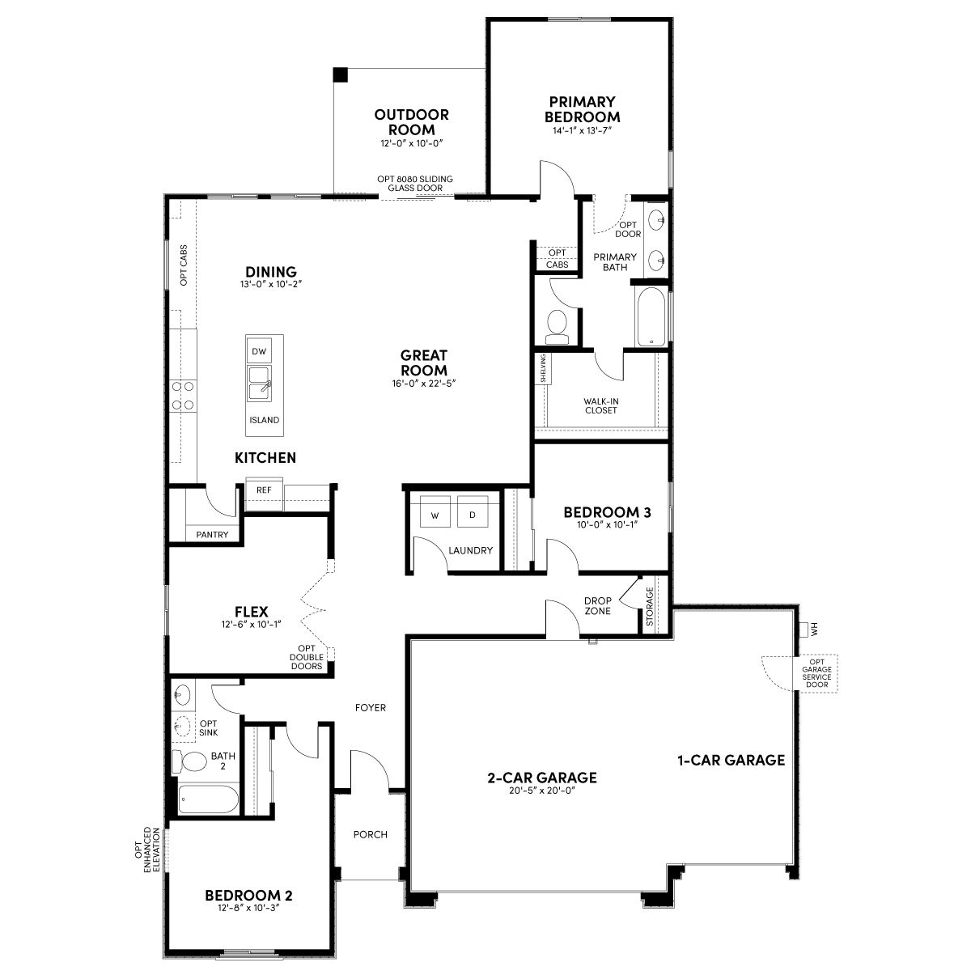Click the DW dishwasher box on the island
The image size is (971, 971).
tap(259, 351)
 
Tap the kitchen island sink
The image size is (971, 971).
tap(260, 384)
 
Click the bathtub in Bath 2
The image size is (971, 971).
tap(208, 799)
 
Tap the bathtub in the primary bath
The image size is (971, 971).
tap(651, 317)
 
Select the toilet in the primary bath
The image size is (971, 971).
tap(557, 327)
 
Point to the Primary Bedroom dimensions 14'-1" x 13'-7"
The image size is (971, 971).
tap(582, 130)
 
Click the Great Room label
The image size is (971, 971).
tap(424, 363)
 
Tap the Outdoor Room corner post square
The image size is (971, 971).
tap(341, 74)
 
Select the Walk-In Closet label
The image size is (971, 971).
tap(600, 405)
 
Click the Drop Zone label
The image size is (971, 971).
tap(598, 606)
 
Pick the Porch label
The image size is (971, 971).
tap(371, 834)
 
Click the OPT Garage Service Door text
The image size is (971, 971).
tap(816, 673)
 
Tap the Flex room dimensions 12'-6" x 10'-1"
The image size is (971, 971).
tap(251, 625)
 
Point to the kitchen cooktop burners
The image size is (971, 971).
tap(183, 395)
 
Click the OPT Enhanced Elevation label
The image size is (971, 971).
tap(147, 850)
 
